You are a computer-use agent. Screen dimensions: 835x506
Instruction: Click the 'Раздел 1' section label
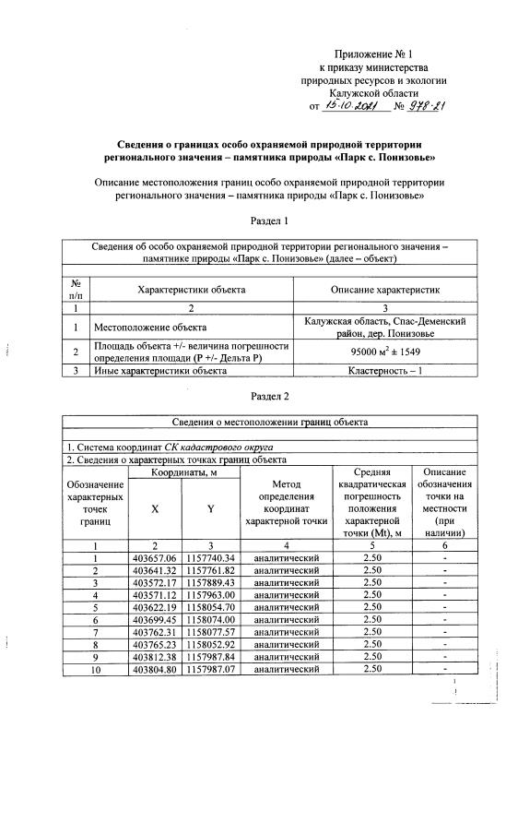coord(269,221)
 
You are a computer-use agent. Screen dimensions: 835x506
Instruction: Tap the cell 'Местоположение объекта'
coord(149,327)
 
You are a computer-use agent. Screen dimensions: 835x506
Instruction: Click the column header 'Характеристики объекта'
coord(191,290)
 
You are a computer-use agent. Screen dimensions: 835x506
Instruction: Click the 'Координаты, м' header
coord(182,472)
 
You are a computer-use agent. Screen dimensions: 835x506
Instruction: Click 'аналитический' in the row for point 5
coord(287,607)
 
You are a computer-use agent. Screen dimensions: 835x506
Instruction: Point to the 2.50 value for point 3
coord(372,583)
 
